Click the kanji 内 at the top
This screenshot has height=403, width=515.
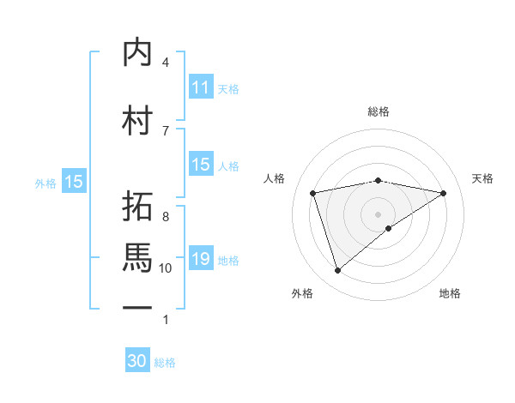coord(137,52)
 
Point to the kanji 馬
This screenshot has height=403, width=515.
coord(137,257)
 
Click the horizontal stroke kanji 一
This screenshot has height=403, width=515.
coord(137,307)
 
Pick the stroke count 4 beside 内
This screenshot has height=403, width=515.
coord(166,62)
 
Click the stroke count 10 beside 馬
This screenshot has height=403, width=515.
coord(166,268)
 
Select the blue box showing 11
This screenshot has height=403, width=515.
coord(201,87)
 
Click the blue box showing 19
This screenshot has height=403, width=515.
coord(201,259)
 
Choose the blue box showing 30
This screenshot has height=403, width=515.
coord(137,361)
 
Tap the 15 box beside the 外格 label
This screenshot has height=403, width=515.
coord(74,182)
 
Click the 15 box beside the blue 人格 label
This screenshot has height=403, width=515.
coord(201,165)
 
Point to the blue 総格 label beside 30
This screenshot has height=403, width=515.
coord(166,363)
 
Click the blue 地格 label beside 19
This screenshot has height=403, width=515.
coord(228,260)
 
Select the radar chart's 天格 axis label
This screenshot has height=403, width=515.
coord(483,178)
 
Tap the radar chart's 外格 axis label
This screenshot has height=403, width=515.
coord(302,293)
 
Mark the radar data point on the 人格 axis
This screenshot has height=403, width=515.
coord(313,192)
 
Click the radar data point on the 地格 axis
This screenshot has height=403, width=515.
coord(389,228)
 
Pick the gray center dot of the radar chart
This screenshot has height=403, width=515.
coord(378,213)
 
